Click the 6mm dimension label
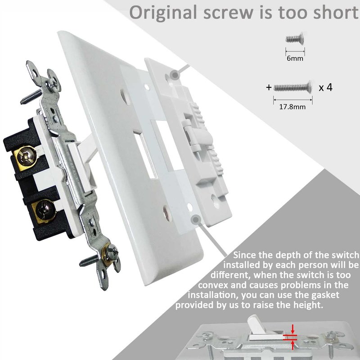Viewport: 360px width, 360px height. coord(295,58)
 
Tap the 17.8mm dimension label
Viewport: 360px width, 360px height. coord(292,107)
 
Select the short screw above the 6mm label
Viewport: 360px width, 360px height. coord(295,39)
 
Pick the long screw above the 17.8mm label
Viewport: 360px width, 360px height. coord(293,87)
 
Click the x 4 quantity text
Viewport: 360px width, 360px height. coord(325,87)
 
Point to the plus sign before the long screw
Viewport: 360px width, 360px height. coord(269,87)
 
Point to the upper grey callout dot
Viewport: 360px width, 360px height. coord(175,75)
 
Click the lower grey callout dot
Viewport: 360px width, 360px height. coord(196,220)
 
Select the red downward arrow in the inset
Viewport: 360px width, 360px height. coord(292,329)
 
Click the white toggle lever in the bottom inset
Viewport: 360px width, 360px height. coord(256,325)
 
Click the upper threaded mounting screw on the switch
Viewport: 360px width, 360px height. coord(31,96)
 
